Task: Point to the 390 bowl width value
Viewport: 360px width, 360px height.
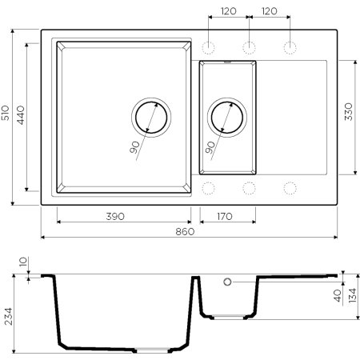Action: (122, 215)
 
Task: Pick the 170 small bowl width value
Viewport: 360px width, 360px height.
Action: (227, 215)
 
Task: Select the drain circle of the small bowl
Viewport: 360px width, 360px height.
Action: (227, 118)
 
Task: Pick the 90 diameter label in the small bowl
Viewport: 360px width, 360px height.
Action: (210, 147)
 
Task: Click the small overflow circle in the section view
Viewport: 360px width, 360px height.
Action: (227, 282)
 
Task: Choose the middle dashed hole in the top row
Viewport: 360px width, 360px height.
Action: (248, 46)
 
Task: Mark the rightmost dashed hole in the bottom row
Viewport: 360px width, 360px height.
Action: (288, 189)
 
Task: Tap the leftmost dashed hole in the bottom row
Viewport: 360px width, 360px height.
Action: (210, 189)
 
